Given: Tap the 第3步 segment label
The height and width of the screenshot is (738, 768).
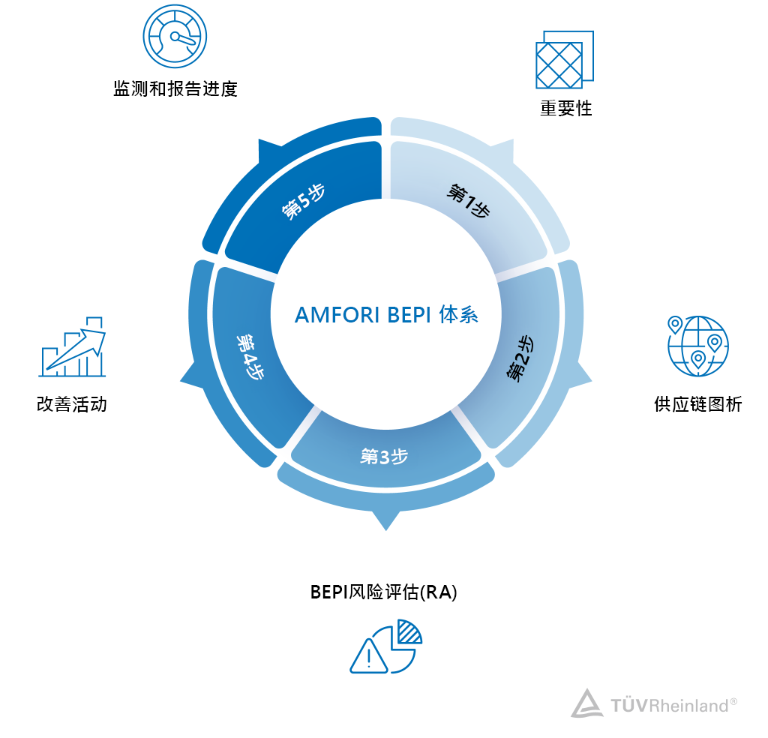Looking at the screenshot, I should click(384, 456).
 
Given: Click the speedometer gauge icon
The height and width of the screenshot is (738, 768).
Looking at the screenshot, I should click(175, 36).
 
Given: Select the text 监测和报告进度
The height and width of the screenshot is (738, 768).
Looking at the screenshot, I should click(175, 90).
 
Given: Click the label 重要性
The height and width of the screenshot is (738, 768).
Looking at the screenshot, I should click(566, 109).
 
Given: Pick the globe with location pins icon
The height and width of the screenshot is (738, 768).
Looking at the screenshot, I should click(697, 345).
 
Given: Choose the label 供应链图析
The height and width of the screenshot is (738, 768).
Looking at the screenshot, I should click(697, 405).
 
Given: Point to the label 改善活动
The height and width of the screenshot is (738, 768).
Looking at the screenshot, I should click(72, 405).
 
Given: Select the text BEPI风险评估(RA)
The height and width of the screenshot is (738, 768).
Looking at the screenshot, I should click(384, 592).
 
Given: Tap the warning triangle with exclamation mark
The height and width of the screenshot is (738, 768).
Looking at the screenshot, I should click(368, 656).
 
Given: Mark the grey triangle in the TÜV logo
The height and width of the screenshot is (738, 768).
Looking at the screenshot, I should click(586, 703).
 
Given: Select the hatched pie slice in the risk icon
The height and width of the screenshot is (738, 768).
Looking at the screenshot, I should click(409, 631).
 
